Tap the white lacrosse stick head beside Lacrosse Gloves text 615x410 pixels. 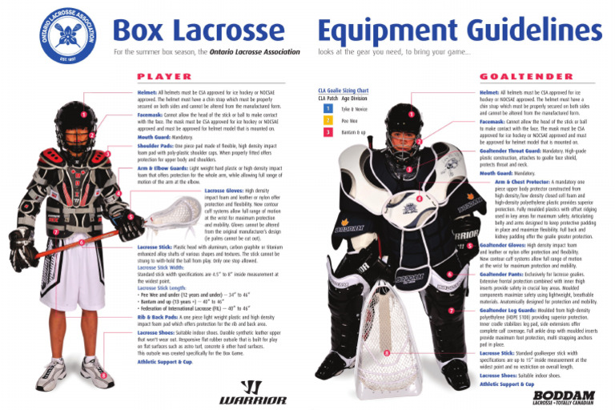[175, 210]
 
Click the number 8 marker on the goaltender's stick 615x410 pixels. [387, 352]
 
